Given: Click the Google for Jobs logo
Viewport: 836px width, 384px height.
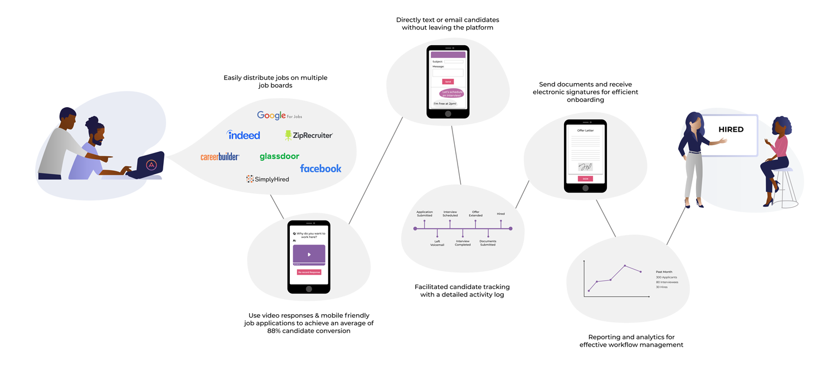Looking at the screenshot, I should [279, 116].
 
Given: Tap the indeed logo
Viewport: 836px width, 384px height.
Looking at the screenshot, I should [244, 135].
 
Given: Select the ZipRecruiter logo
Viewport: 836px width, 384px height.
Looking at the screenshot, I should [309, 135].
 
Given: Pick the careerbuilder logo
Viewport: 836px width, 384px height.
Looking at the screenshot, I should [220, 157].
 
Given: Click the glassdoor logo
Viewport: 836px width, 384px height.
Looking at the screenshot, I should [279, 156].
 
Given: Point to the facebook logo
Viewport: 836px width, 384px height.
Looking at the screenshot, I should [320, 168].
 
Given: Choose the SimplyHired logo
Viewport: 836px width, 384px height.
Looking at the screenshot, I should [268, 179].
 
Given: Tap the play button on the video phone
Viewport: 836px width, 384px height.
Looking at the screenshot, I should [309, 255].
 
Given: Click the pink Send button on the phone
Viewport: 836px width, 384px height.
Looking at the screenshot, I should [448, 81].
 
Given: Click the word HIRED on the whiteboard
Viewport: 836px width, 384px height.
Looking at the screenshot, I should [731, 129].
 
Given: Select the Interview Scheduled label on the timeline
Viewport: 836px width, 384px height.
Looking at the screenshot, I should [450, 214].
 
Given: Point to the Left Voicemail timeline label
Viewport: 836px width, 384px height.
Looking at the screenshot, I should [438, 243].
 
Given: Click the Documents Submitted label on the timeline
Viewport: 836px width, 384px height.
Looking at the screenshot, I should [488, 243].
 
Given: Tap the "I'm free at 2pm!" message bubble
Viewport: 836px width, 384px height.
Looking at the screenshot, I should [445, 103].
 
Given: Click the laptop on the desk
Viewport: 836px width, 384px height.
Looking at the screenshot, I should [147, 165].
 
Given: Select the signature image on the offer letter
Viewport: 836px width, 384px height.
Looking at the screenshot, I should [585, 166].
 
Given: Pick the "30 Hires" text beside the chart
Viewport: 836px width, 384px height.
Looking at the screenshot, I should [662, 287].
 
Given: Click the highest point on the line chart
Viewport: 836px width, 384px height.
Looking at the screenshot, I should [625, 266].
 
